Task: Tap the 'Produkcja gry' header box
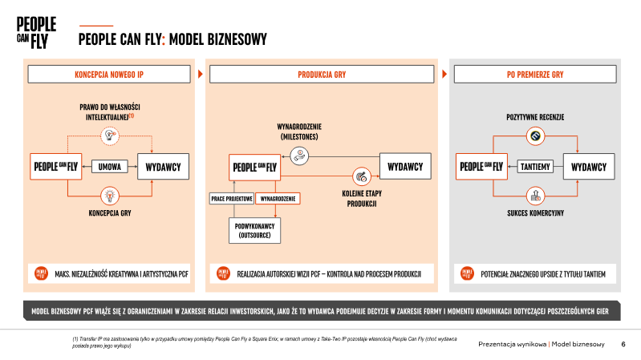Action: point(321,74)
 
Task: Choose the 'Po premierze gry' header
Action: point(534,74)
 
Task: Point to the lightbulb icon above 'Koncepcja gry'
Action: point(110,194)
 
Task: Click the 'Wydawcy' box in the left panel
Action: point(163,166)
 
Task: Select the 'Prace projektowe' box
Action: point(232,197)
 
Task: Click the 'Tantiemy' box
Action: point(534,167)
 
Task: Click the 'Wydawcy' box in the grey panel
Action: point(589,167)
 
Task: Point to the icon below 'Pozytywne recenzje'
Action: point(535,137)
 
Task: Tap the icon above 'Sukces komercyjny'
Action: point(535,194)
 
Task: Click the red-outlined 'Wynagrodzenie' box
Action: point(278,197)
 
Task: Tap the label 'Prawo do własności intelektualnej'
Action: point(110,111)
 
